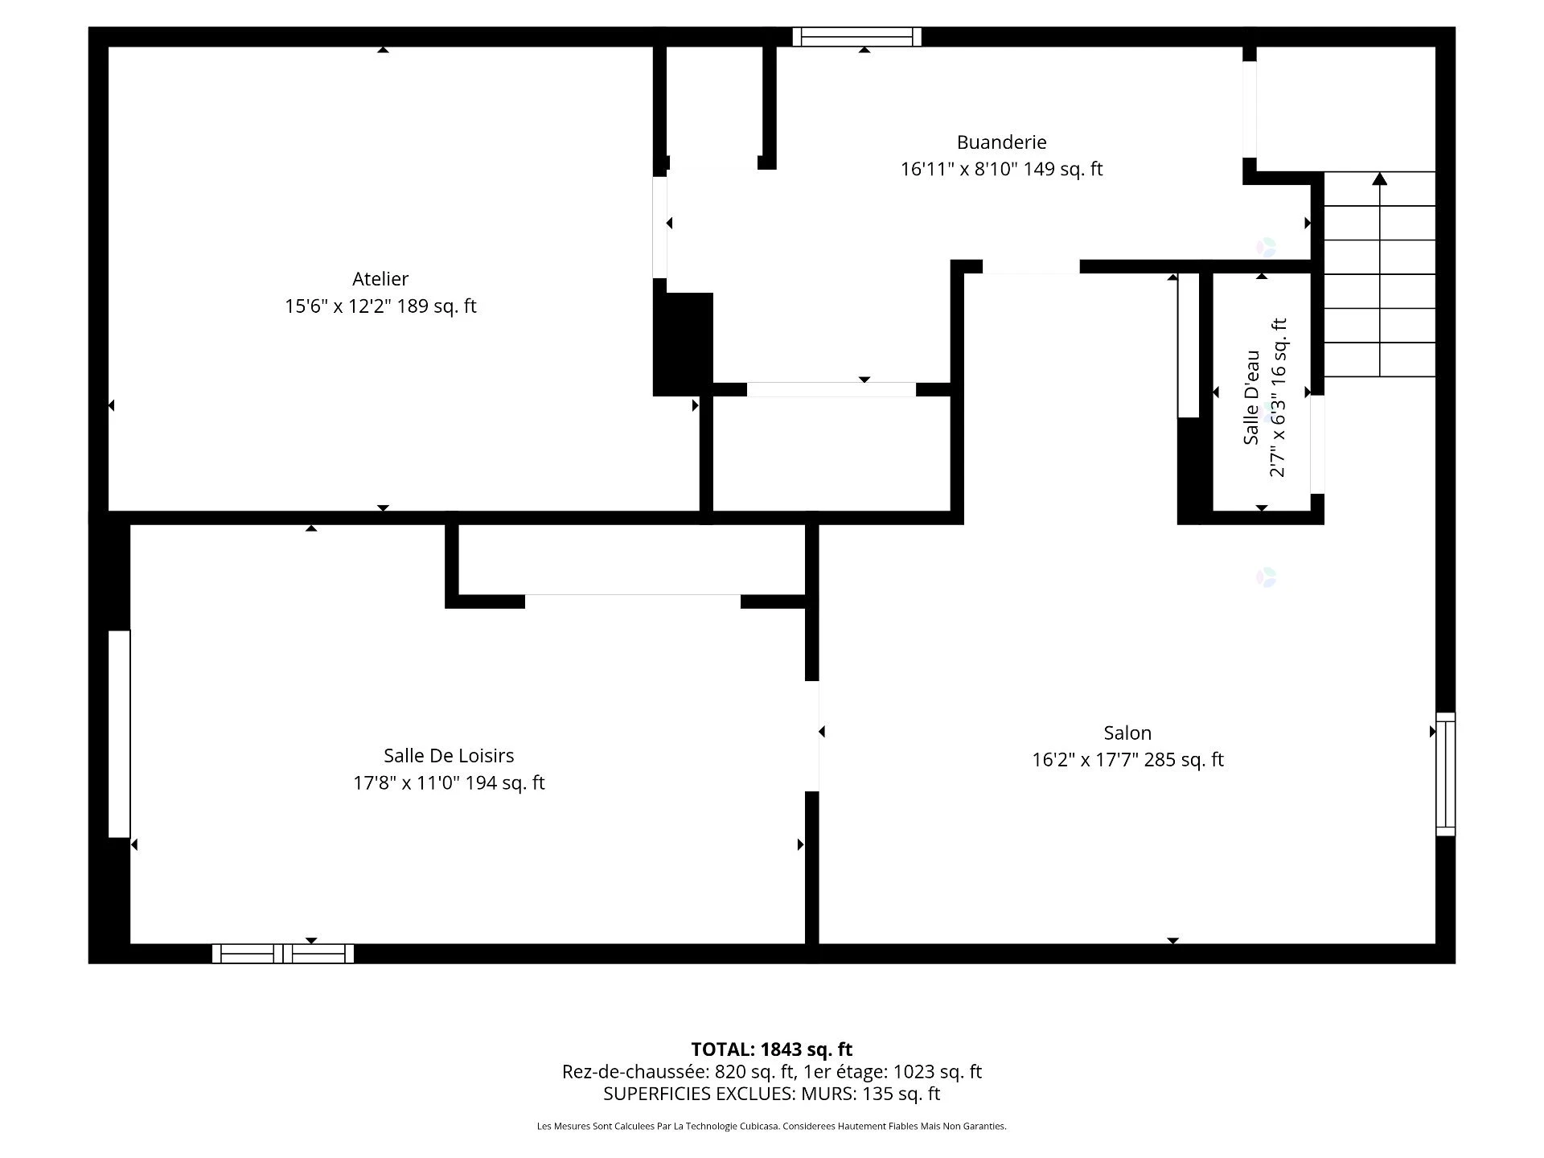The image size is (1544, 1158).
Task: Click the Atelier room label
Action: pos(380,279)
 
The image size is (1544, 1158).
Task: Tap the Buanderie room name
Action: pos(1001,142)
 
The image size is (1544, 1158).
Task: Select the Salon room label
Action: pos(1127,733)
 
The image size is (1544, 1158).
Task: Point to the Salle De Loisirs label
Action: pos(449,755)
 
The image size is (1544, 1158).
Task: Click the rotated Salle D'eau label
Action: pos(1251,397)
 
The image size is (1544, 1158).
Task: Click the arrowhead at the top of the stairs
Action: pos(1380,179)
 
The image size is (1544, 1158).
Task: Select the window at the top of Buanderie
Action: pos(857,37)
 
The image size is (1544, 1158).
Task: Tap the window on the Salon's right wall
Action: pos(1445,774)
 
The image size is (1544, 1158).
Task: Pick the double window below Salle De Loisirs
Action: pos(283,954)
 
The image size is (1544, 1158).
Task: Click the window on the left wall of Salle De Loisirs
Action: pos(119,734)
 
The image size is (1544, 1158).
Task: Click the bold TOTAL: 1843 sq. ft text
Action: pos(772,1049)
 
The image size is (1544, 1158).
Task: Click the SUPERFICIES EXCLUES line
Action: pos(772,1094)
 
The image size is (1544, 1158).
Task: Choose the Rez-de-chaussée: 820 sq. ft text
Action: pos(678,1072)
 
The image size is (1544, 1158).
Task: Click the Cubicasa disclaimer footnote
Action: pos(772,1127)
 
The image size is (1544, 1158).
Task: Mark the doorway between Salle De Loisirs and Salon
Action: pos(812,736)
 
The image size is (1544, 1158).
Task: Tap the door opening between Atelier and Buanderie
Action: pos(659,228)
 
